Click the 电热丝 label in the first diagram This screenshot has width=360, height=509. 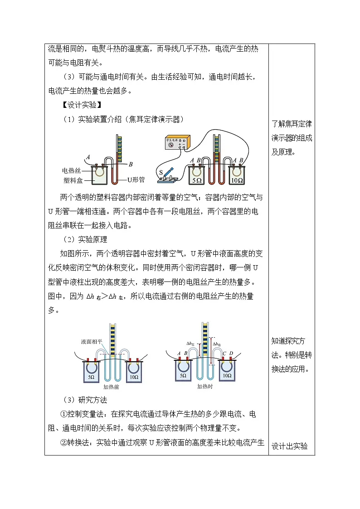tap(71, 170)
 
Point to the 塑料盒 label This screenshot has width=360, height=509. tap(73, 180)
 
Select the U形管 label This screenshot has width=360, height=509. tap(136, 179)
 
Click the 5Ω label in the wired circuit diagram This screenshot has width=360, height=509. tap(197, 180)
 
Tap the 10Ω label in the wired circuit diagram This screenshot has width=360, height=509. tap(237, 180)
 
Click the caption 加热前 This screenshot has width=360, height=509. tap(111, 387)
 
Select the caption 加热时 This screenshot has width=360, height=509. tap(205, 386)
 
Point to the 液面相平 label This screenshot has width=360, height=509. tap(92, 341)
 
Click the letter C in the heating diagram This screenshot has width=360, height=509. tap(224, 354)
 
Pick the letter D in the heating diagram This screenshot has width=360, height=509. tap(231, 353)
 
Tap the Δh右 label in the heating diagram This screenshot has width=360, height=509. tap(217, 344)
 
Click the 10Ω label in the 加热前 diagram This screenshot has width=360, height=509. tap(134, 377)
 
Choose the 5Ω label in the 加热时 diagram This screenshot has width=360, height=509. tap(183, 376)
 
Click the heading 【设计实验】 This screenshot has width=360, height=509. tap(82, 105)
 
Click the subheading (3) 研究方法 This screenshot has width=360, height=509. tap(85, 400)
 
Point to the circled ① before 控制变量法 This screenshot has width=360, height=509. tap(63, 414)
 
